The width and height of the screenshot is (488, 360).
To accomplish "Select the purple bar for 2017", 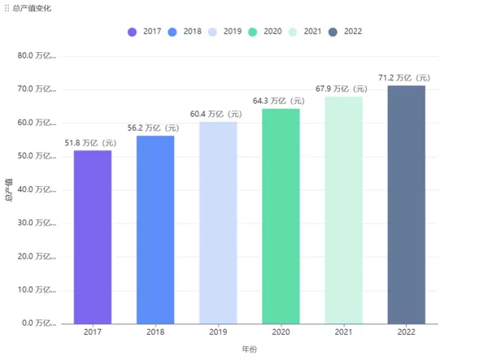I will pyautogui.click(x=93, y=236).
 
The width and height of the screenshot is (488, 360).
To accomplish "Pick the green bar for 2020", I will pyautogui.click(x=281, y=215).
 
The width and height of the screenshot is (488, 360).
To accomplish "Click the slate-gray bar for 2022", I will pyautogui.click(x=406, y=204).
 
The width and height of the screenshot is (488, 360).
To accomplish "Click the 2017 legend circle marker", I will pyautogui.click(x=133, y=32).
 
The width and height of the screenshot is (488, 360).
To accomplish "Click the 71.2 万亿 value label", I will pyautogui.click(x=405, y=78).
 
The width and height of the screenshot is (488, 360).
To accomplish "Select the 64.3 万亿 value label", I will pyautogui.click(x=280, y=102).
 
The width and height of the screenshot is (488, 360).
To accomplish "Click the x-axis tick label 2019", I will pyautogui.click(x=218, y=332).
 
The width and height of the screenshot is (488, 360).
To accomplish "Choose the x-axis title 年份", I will pyautogui.click(x=249, y=349).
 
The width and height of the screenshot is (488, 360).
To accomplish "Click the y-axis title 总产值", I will pyautogui.click(x=10, y=189).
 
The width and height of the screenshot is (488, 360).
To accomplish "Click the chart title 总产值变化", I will pyautogui.click(x=31, y=7).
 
